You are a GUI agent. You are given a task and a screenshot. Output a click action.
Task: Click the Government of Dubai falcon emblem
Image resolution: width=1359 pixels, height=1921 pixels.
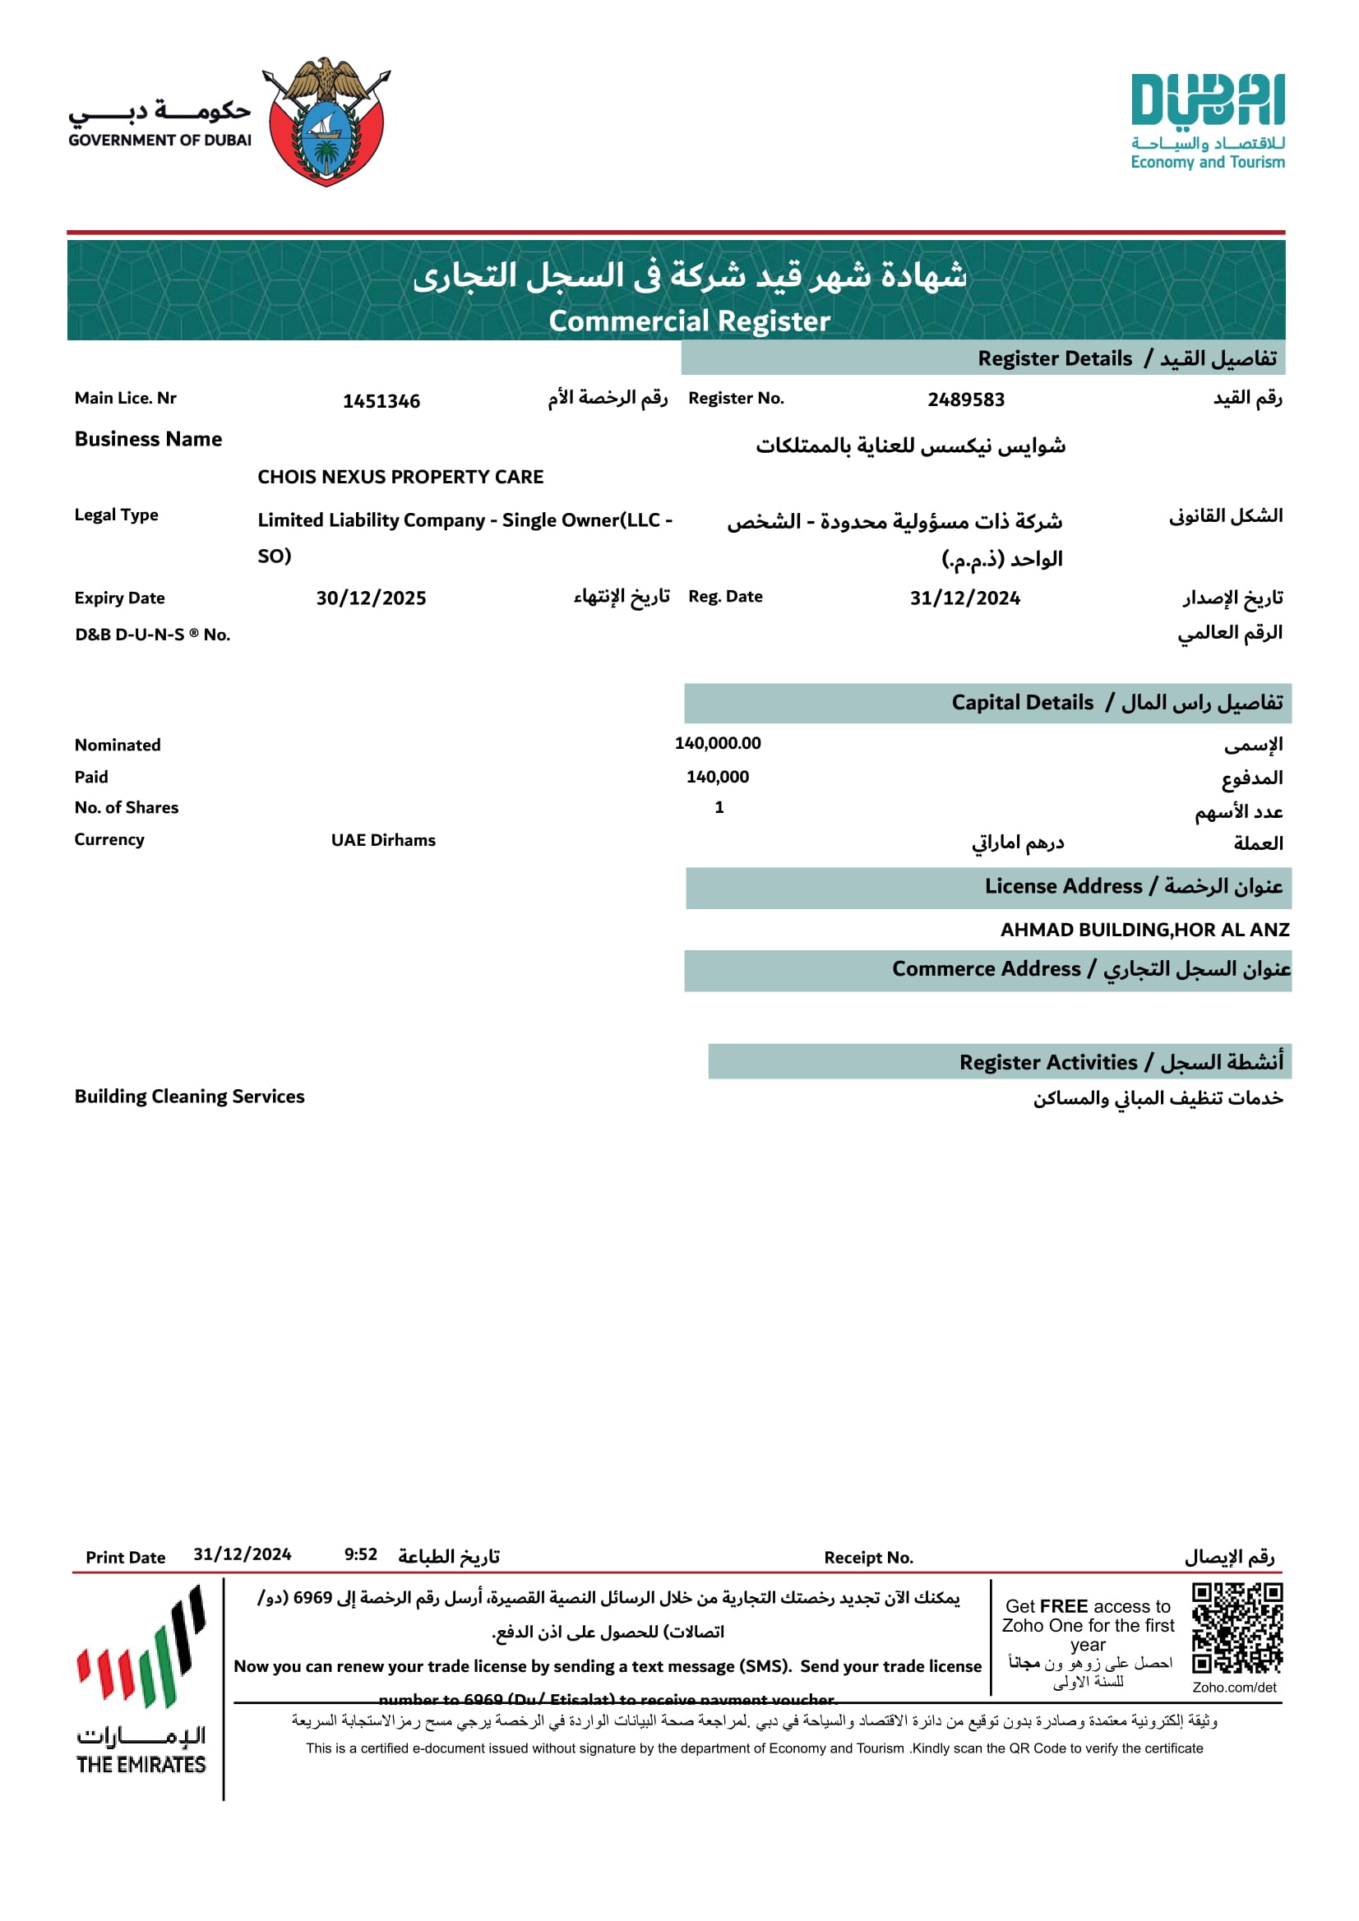326,122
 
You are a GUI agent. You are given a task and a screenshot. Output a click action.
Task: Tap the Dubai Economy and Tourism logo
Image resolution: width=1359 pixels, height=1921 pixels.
1207,122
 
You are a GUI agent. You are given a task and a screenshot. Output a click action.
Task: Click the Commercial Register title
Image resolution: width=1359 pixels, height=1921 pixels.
689,321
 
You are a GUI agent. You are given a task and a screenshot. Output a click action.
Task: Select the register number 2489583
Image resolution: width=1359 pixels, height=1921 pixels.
966,400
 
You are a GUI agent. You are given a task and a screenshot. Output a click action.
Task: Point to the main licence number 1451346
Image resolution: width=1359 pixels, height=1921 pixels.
381,402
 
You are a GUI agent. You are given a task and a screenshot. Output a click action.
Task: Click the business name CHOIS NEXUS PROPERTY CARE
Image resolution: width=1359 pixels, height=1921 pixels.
400,477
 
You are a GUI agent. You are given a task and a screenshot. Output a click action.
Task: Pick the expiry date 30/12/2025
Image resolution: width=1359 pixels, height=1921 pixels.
371,598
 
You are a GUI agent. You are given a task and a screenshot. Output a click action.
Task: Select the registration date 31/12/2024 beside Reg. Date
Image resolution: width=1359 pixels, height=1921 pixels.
965,598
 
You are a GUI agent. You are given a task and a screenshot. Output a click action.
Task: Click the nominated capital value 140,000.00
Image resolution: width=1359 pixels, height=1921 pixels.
717,743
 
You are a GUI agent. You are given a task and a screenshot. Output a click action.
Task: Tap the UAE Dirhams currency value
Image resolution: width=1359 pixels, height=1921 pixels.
383,840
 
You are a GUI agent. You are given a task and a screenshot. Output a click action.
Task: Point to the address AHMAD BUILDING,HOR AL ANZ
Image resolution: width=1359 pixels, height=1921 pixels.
1144,930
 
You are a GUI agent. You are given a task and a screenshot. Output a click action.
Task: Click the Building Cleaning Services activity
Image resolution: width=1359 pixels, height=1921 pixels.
189,1096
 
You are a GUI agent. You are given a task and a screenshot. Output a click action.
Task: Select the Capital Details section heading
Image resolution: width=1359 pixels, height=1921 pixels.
1021,703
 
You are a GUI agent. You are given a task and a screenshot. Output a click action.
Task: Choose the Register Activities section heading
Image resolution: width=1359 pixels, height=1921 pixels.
1047,1063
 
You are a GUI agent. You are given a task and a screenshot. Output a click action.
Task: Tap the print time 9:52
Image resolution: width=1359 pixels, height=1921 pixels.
361,1554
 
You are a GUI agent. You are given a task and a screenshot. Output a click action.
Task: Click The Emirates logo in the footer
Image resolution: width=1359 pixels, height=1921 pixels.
141,1682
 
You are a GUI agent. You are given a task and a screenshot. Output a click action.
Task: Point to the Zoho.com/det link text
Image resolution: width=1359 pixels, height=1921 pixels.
1234,1688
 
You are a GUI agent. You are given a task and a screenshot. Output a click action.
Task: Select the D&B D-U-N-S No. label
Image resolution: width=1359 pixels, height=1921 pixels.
152,635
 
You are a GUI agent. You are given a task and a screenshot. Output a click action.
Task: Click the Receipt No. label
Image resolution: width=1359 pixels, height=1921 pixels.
868,1558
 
